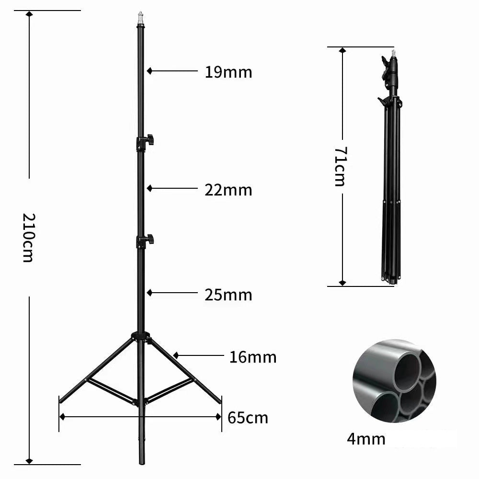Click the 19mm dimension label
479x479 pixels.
228,72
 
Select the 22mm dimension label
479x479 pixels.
228,190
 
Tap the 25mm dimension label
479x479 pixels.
228,295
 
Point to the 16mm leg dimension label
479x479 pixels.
252,357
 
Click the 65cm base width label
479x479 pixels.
248,418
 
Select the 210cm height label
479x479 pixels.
28,238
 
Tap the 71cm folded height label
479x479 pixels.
340,166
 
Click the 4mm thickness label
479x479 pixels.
366,438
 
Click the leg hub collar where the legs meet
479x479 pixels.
141,336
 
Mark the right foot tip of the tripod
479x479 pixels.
220,401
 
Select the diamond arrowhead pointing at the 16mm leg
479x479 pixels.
176,355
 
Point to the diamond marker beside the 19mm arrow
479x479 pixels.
149,71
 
